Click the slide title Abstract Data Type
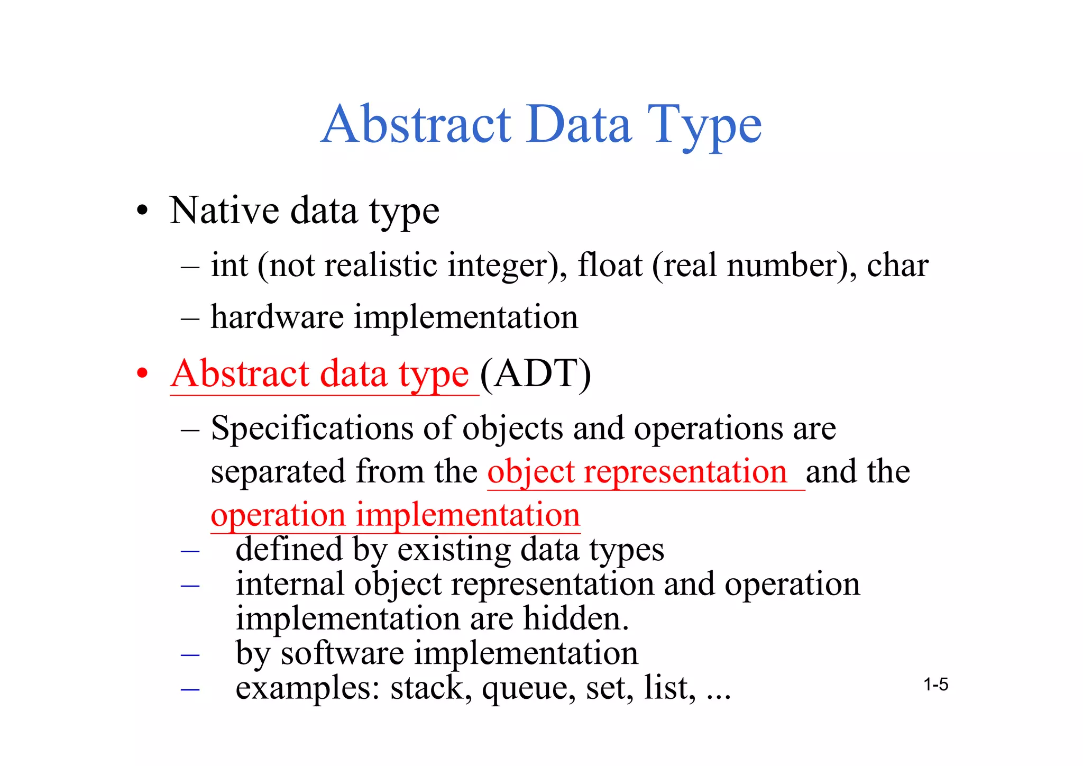[541, 125]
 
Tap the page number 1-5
[935, 685]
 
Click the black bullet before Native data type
[142, 211]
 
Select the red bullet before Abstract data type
[142, 373]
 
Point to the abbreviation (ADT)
[535, 374]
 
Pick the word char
[897, 266]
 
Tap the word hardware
[277, 317]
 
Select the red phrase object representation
[637, 471]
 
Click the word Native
[224, 211]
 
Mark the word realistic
[381, 265]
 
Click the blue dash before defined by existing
[190, 551]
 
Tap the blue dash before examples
[190, 689]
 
